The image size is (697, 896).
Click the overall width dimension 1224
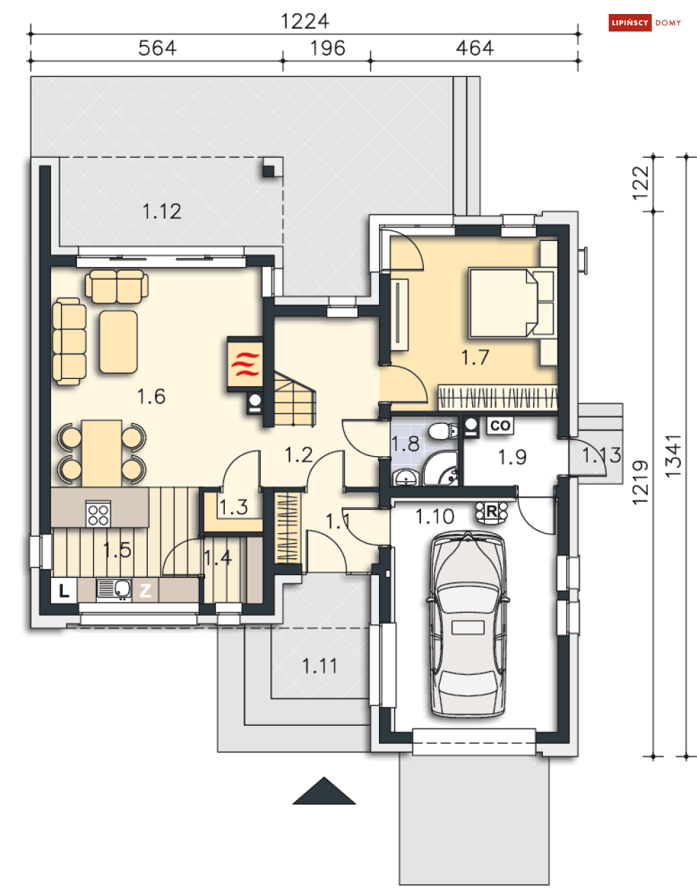click(305, 21)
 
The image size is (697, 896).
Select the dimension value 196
click(327, 48)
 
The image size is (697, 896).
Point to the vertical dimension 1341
click(673, 456)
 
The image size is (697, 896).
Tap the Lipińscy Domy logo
click(645, 23)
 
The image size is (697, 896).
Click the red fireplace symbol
click(245, 364)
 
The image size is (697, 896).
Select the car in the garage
click(468, 625)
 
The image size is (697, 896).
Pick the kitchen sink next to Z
click(113, 589)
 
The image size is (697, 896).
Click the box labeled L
click(64, 591)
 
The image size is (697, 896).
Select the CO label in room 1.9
click(500, 425)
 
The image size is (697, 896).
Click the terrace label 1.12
click(162, 211)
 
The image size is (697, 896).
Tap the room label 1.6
click(151, 397)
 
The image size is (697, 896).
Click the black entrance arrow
click(324, 792)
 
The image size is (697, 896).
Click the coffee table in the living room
click(118, 342)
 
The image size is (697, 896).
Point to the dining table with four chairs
click(102, 452)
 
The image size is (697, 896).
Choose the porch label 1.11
click(319, 666)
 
